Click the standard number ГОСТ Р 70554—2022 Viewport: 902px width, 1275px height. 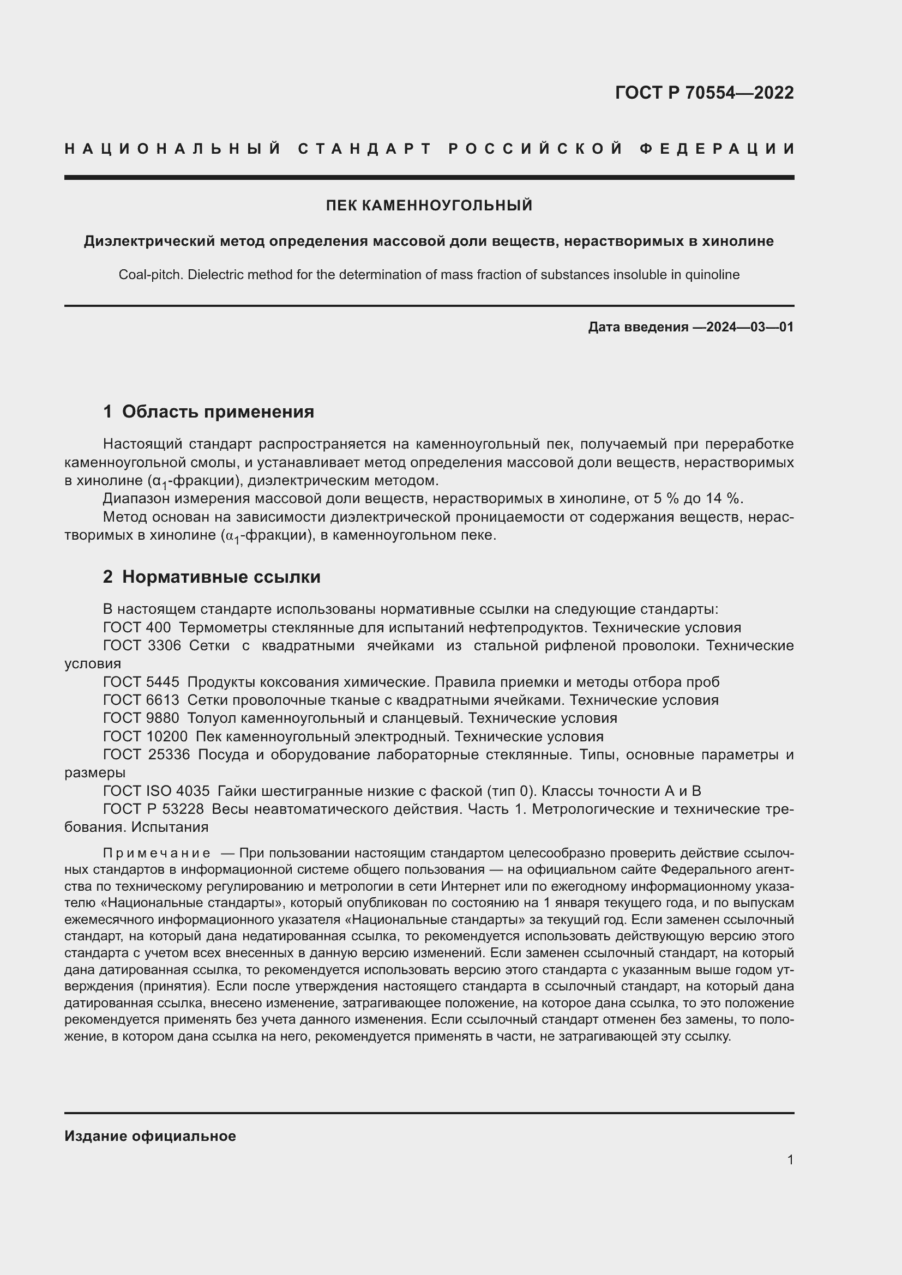(x=703, y=93)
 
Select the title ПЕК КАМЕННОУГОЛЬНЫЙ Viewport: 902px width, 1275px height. (x=429, y=206)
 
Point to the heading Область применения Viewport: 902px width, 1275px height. (x=218, y=412)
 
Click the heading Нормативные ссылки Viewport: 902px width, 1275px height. (x=221, y=577)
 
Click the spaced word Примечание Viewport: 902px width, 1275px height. (x=157, y=853)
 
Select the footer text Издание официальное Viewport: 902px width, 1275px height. (x=150, y=1135)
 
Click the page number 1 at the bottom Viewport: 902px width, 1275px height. (x=790, y=1159)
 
